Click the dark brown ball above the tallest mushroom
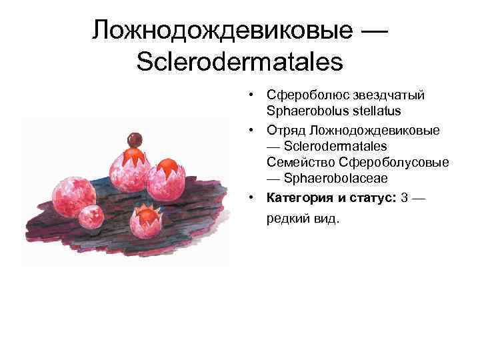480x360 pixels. tap(135, 139)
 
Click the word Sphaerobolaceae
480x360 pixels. tap(335, 178)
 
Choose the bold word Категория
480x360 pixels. tap(299, 198)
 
